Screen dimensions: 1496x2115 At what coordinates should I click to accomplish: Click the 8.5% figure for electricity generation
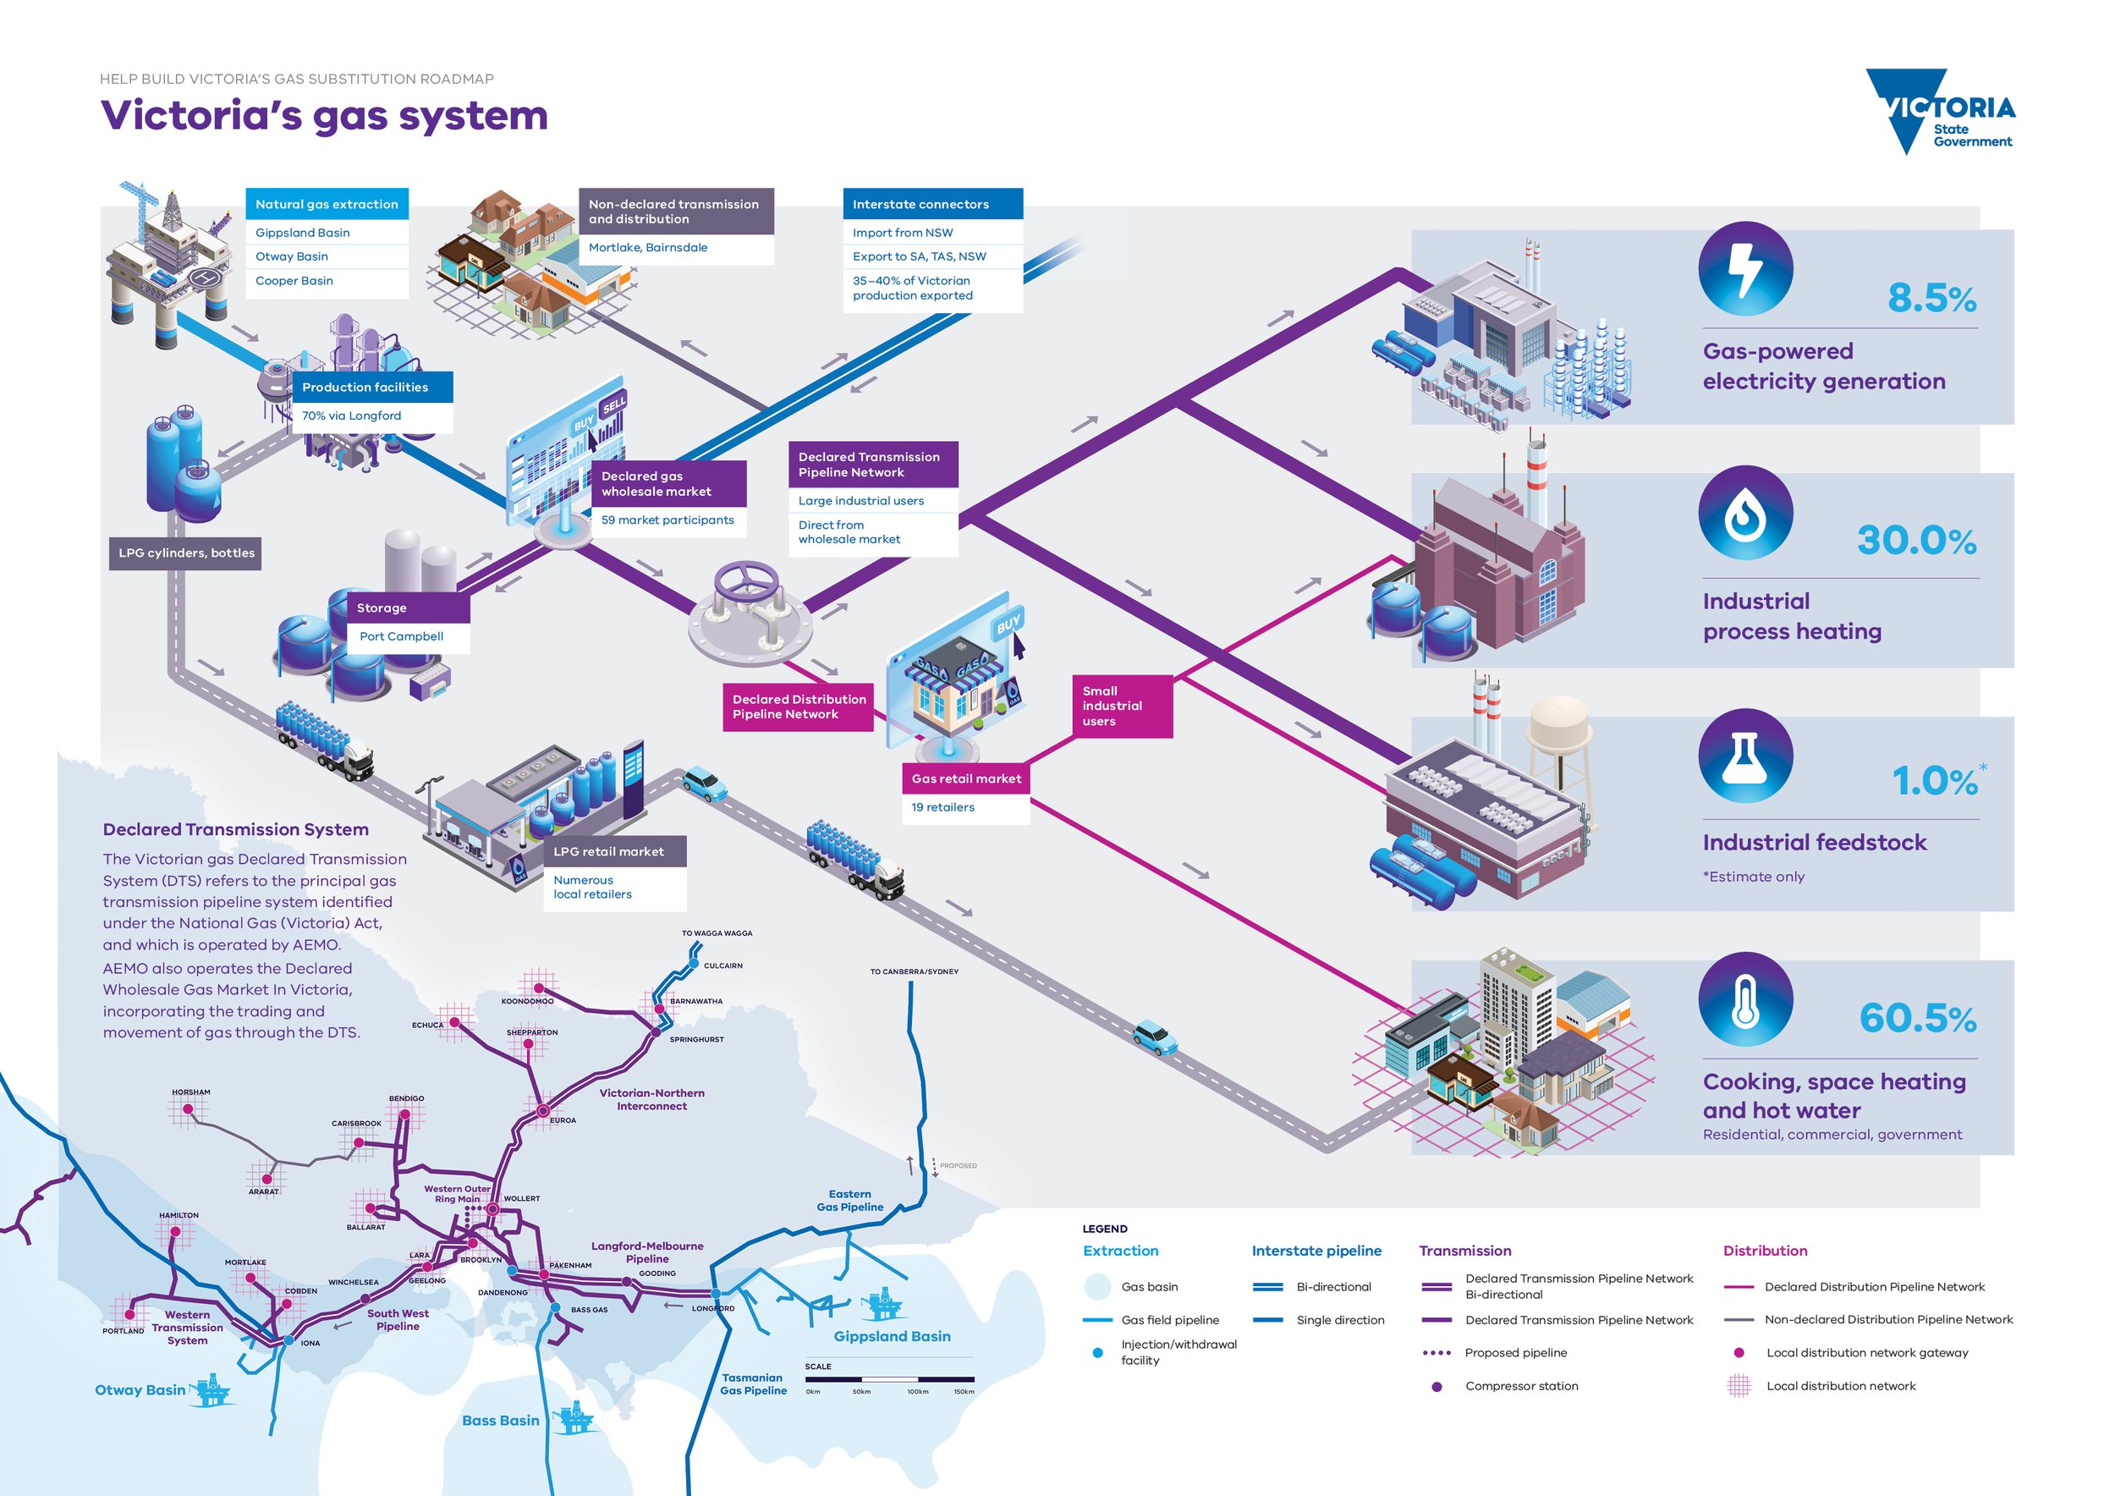coord(1931,299)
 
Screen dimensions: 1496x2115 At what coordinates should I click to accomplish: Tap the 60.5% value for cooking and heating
coord(1917,1019)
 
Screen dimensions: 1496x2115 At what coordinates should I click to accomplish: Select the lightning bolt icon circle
coord(1744,269)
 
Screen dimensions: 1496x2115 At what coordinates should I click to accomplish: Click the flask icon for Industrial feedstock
coord(1744,756)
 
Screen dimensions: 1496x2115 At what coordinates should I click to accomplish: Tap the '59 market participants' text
coord(667,520)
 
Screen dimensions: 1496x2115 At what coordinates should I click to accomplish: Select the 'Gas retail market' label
coord(965,779)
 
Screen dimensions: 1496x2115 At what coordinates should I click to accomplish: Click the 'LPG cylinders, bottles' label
coord(186,553)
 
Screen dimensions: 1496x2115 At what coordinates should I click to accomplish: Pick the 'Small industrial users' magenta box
coord(1121,707)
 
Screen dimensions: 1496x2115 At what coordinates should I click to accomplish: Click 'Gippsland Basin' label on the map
coord(891,1337)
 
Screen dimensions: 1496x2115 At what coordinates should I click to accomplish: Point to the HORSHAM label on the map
coord(190,1092)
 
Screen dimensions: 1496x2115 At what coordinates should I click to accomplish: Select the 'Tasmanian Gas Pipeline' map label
coord(753,1384)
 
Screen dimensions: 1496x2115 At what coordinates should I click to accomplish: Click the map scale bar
coord(889,1379)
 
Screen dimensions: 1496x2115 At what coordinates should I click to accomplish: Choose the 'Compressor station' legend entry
coord(1520,1386)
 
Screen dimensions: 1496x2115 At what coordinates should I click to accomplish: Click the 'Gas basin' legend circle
coord(1097,1287)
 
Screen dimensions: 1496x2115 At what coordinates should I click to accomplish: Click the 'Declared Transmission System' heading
coord(236,830)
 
